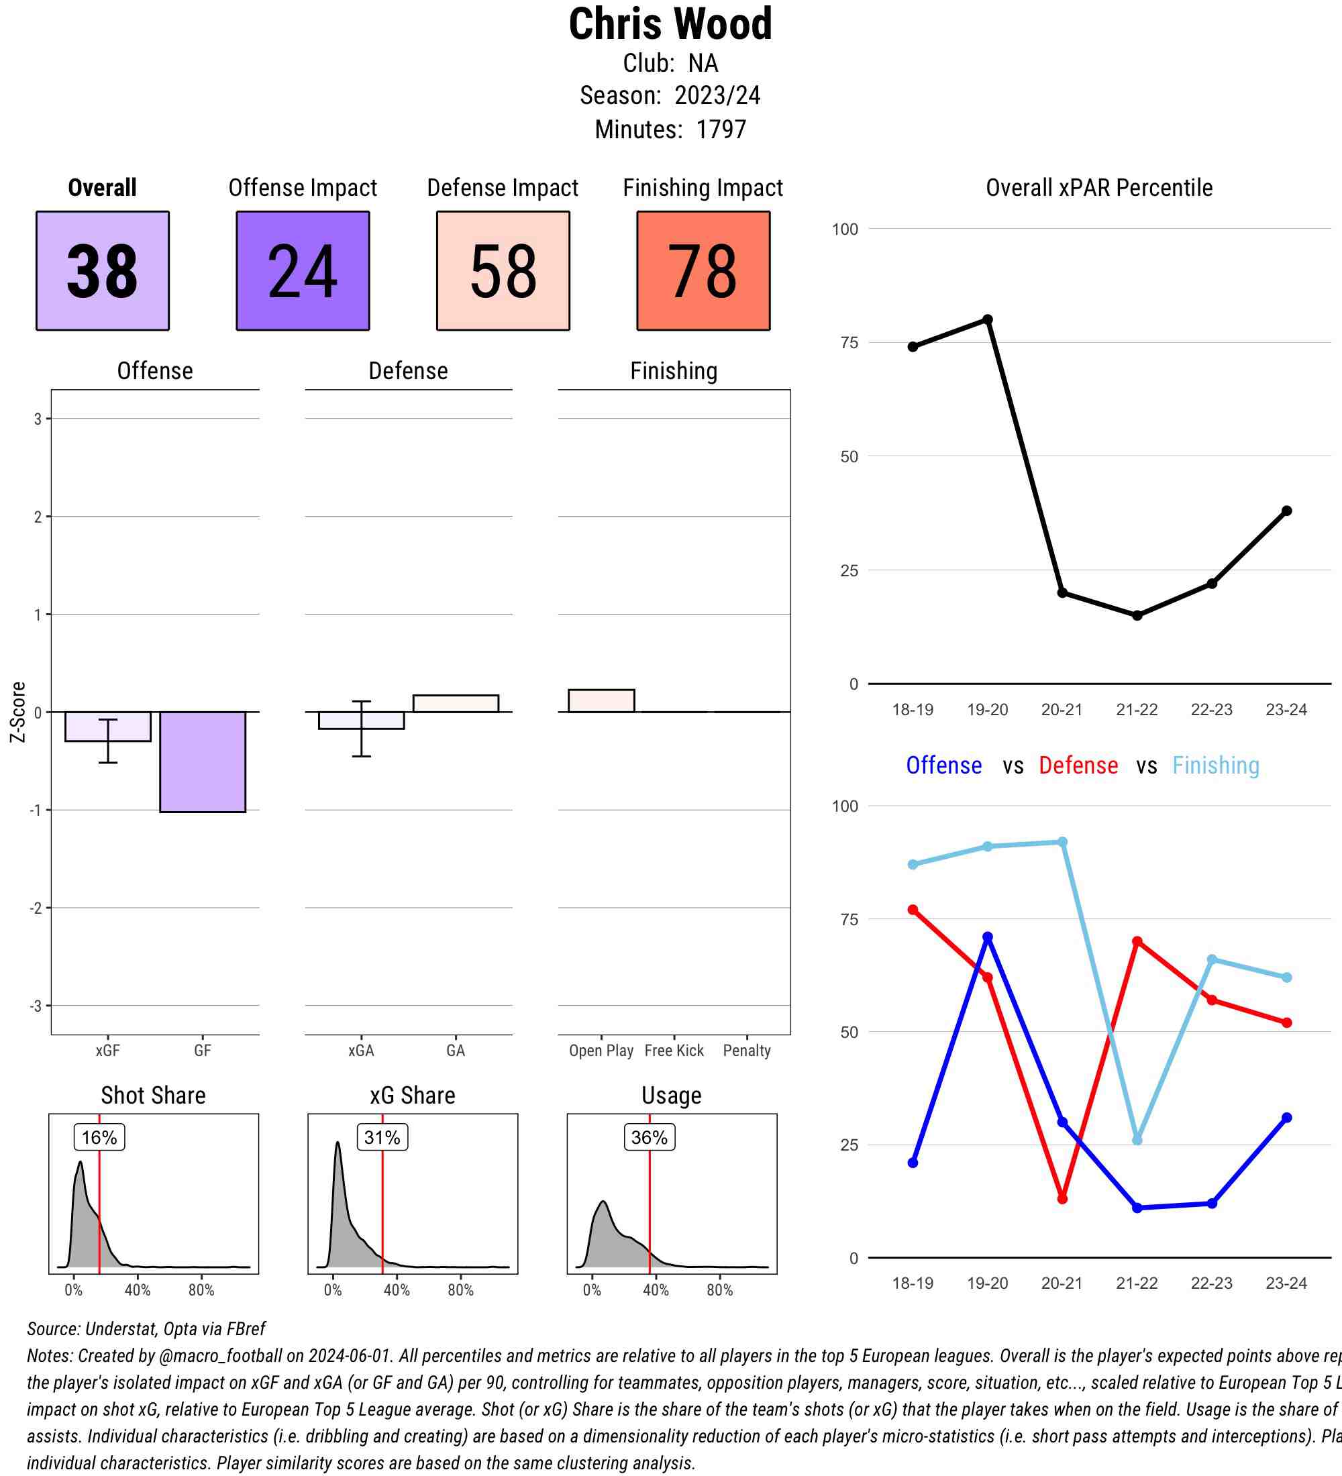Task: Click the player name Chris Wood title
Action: (670, 24)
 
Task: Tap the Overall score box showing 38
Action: (103, 271)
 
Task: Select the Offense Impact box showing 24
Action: (303, 271)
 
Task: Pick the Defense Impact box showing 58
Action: (503, 271)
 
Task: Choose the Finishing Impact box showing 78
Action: (703, 271)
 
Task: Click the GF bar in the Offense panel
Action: (203, 761)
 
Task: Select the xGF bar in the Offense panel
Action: (107, 727)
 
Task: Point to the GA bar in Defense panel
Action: (456, 703)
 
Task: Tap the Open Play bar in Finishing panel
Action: (601, 700)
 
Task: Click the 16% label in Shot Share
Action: (99, 1137)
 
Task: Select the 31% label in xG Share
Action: (382, 1137)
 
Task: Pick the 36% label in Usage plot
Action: (649, 1137)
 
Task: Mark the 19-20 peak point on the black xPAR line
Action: (988, 320)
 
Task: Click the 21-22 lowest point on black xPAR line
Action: (1137, 616)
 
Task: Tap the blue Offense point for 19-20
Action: (988, 937)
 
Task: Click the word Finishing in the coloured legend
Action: (1215, 766)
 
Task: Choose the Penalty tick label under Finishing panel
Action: (747, 1051)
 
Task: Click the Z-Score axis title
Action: (18, 712)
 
